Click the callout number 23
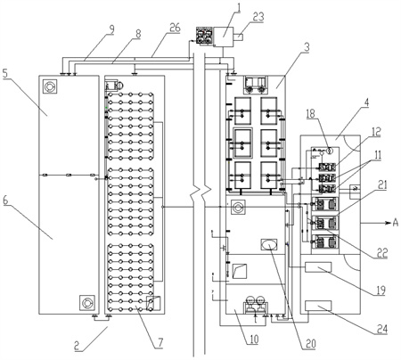click(258, 17)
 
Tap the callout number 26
click(175, 28)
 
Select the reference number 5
click(5, 73)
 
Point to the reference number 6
click(5, 200)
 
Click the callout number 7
click(160, 342)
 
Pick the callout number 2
click(77, 346)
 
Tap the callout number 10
click(253, 339)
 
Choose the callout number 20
click(310, 344)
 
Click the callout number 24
click(382, 329)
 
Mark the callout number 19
click(381, 290)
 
